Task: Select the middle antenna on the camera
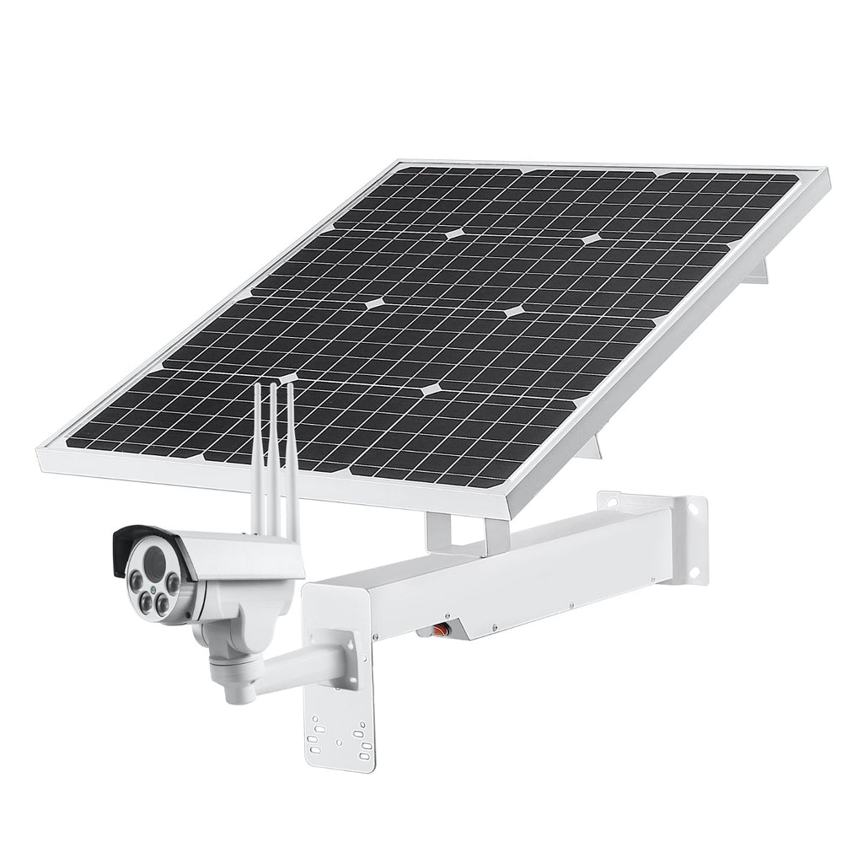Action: (x=272, y=455)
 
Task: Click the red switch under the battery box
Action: (x=437, y=627)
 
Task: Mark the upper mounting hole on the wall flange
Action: (x=696, y=511)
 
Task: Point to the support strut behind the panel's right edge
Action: (x=763, y=268)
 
